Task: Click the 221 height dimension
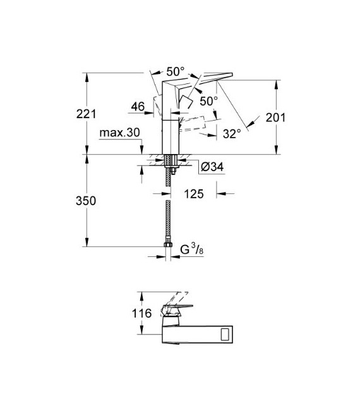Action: (x=86, y=114)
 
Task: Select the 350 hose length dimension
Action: (x=86, y=201)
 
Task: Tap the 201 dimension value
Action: (x=276, y=117)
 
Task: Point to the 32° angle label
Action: (x=232, y=133)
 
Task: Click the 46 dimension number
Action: (x=137, y=108)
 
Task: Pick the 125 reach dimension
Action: (x=195, y=194)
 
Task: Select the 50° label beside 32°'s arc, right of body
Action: (x=208, y=100)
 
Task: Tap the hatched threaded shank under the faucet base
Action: (x=169, y=174)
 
